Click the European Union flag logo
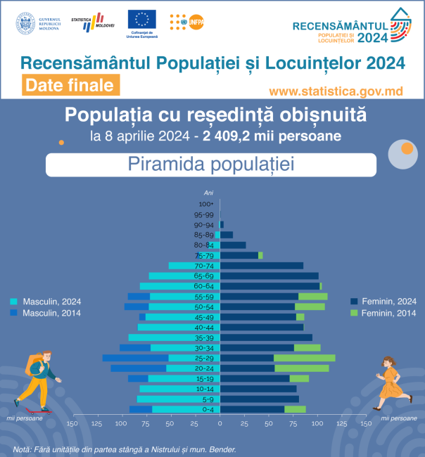tap(142, 20)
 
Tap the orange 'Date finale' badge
tap(69, 85)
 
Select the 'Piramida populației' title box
tap(211, 165)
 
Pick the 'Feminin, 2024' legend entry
tap(383, 302)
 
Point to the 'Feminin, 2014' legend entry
tap(383, 312)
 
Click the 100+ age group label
tap(205, 205)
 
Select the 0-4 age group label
tap(208, 410)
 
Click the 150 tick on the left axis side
tap(71, 424)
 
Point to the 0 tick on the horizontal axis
tap(220, 424)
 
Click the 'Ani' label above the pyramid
tap(208, 193)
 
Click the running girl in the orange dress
tap(389, 385)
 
